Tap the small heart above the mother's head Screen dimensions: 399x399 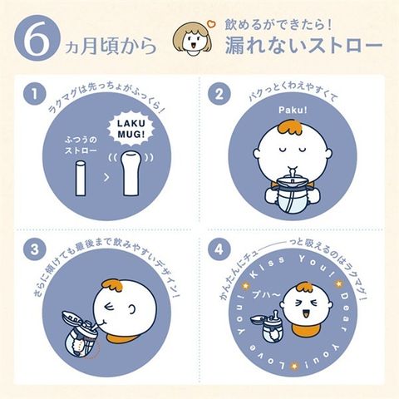coord(211,24)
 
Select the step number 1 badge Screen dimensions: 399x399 coord(34,94)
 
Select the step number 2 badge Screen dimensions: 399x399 coord(219,94)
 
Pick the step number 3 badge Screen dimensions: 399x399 coord(34,249)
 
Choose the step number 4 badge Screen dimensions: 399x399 coord(219,249)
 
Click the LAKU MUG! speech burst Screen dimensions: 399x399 coord(131,129)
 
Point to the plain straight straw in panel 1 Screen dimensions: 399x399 coord(80,178)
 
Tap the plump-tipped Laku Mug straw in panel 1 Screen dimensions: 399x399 coord(131,174)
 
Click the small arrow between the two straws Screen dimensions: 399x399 coord(106,177)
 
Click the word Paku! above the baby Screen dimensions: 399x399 coord(293,111)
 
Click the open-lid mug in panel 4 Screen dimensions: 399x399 coord(268,327)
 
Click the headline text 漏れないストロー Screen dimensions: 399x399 coord(303,44)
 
